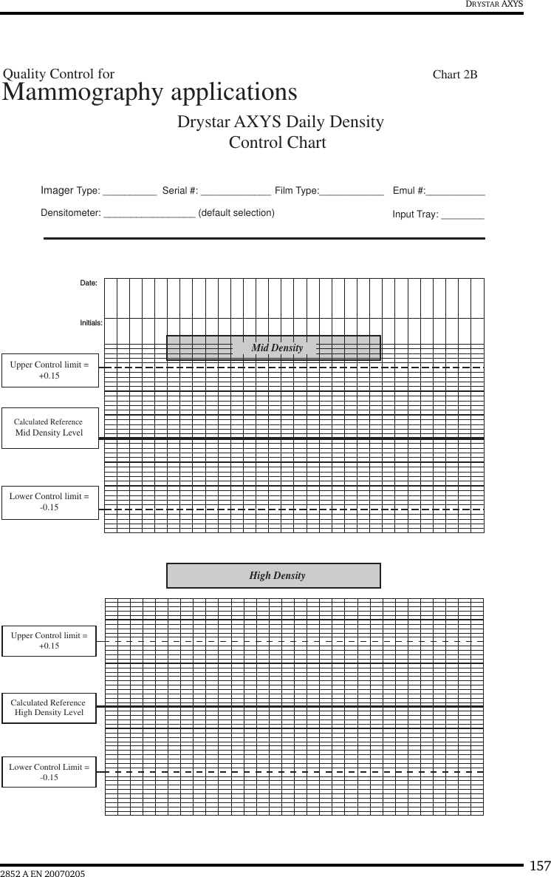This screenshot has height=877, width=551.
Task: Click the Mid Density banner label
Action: tap(277, 348)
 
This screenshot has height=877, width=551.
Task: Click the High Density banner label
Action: tap(277, 575)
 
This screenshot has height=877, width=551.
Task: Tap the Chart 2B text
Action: tap(455, 74)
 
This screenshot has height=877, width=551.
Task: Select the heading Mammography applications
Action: tap(150, 92)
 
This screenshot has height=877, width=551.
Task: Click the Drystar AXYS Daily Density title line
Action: tap(280, 121)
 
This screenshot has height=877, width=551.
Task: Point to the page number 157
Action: tap(540, 866)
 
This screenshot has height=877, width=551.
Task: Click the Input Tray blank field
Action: tap(462, 216)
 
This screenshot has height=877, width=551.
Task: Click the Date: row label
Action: tap(89, 283)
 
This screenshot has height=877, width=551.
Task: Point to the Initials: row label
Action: tap(91, 322)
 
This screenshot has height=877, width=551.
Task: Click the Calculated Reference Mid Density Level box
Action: tap(49, 427)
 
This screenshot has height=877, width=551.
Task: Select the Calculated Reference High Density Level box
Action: tap(49, 708)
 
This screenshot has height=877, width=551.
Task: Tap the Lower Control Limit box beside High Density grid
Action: tap(49, 772)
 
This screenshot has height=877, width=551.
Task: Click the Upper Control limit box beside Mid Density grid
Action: tap(49, 370)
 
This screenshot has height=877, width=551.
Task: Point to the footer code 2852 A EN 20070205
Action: tap(43, 874)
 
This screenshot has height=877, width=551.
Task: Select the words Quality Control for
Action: tap(59, 74)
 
